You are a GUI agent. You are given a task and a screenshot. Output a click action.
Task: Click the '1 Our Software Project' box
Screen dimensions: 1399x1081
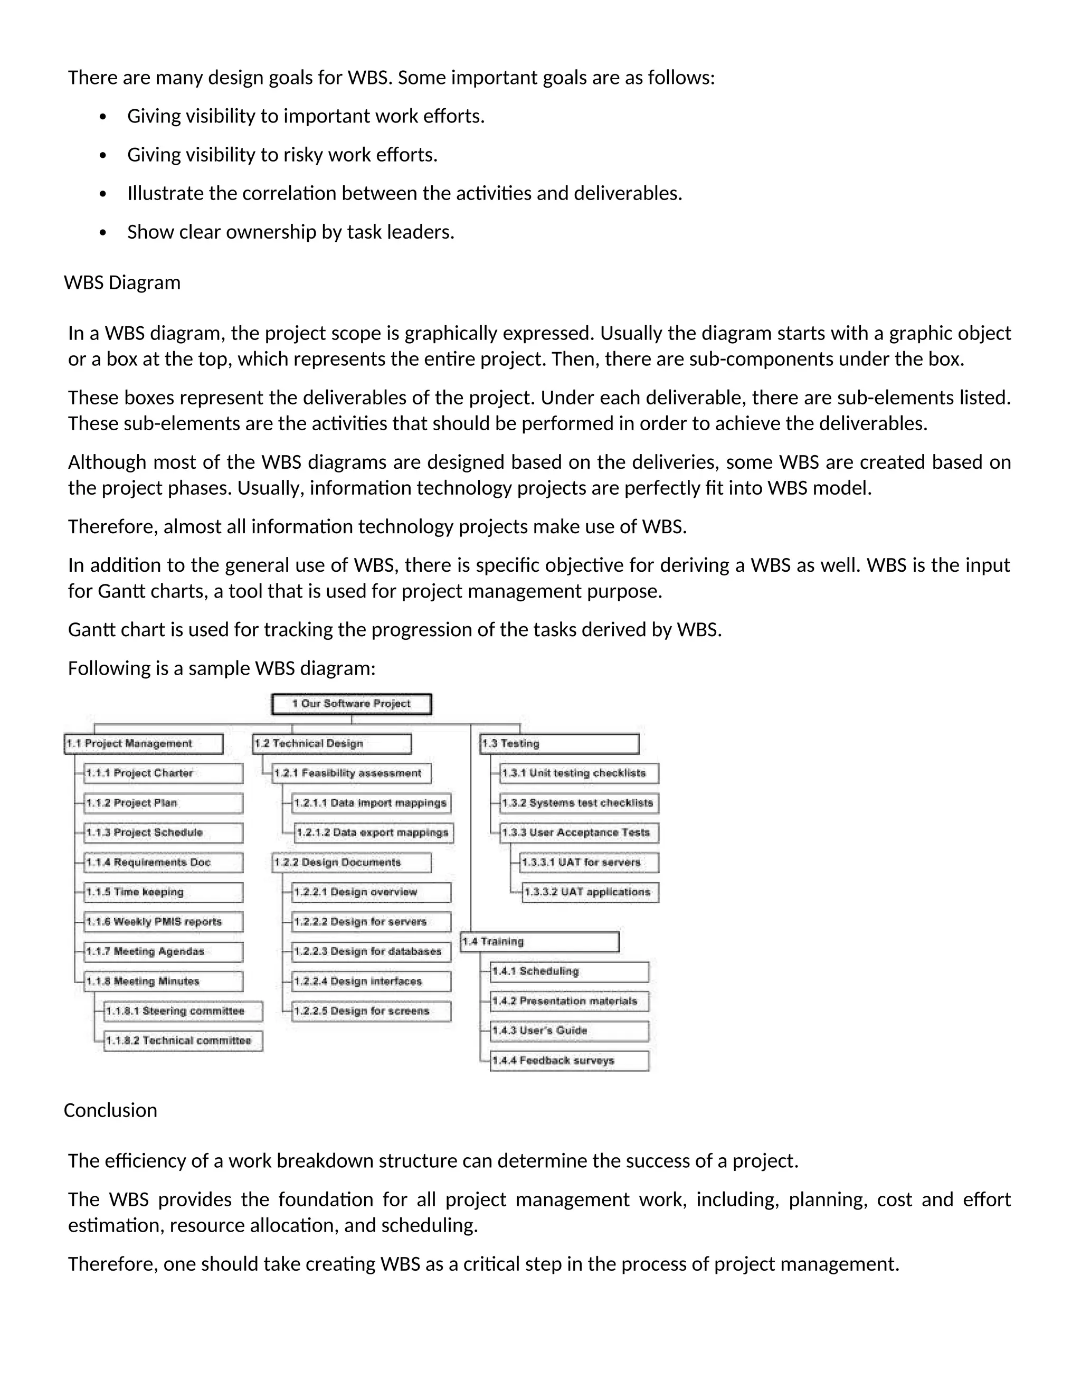click(x=351, y=704)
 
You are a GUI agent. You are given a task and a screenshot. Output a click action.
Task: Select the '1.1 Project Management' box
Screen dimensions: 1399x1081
click(x=144, y=744)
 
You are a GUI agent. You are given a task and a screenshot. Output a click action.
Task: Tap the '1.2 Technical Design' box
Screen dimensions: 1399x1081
click(x=331, y=744)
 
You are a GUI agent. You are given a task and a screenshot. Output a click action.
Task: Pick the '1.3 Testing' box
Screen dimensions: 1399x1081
click(x=559, y=744)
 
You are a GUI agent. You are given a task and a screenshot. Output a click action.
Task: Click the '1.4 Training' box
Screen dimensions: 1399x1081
click(x=539, y=942)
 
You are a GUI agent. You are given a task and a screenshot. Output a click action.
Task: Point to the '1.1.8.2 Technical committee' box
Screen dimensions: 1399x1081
click(x=183, y=1041)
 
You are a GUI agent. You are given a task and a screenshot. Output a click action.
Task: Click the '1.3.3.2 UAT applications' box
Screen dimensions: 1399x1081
click(x=590, y=892)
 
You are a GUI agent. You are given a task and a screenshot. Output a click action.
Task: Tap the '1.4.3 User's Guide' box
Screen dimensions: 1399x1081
click(x=570, y=1031)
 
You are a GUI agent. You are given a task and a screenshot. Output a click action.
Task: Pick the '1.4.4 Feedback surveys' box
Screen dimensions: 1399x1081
click(x=570, y=1061)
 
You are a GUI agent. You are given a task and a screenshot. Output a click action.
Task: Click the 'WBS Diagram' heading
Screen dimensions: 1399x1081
click(x=122, y=282)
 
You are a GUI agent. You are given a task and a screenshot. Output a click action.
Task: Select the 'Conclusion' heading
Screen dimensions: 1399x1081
click(x=110, y=1110)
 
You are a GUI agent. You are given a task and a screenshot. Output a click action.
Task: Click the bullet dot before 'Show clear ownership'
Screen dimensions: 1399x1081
click(x=103, y=232)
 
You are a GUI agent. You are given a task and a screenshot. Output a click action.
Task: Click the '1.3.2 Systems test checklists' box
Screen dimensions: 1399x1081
click(x=579, y=804)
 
